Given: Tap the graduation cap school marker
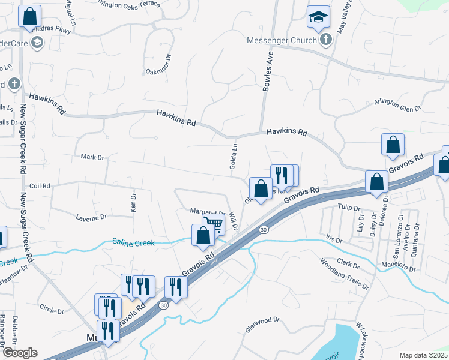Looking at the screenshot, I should [318, 18].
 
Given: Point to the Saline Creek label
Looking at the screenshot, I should [133, 243].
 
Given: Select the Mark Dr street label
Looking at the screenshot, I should [92, 157].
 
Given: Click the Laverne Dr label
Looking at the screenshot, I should [91, 217].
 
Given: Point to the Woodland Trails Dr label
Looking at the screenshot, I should [343, 274].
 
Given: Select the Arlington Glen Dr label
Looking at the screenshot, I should [397, 105].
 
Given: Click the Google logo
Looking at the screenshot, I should [19, 353].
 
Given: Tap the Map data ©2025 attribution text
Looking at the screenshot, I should [423, 355].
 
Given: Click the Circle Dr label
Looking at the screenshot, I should [51, 310].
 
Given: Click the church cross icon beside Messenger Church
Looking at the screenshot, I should [325, 40].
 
